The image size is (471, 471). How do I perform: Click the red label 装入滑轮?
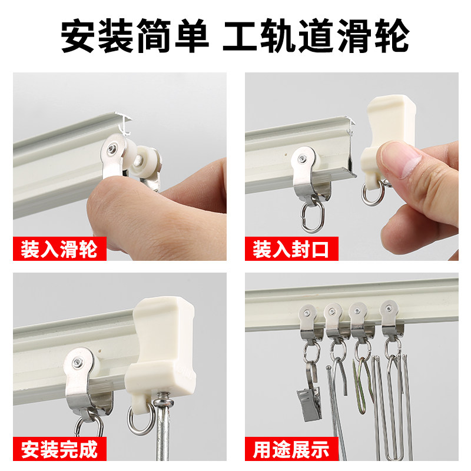click(x=59, y=249)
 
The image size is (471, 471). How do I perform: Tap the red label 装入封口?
click(x=291, y=249)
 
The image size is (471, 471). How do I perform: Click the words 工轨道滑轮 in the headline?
click(x=315, y=37)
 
